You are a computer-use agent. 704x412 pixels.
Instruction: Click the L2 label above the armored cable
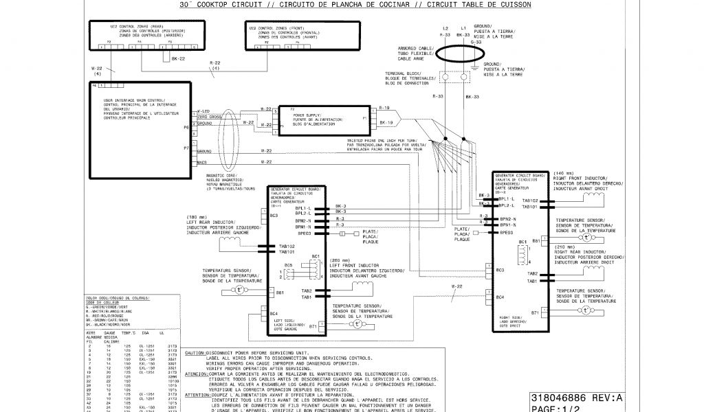click(x=445, y=28)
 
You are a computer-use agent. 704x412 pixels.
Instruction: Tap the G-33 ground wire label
click(x=475, y=42)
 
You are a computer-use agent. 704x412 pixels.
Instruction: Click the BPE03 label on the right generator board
click(x=507, y=232)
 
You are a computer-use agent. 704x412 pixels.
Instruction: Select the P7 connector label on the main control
click(x=186, y=148)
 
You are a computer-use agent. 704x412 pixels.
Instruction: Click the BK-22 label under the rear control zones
click(x=178, y=59)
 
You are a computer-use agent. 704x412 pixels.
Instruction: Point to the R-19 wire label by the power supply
click(x=385, y=108)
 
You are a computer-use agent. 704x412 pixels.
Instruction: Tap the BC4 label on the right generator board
click(x=500, y=297)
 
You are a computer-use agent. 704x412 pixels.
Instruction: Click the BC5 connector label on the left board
click(x=289, y=264)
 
